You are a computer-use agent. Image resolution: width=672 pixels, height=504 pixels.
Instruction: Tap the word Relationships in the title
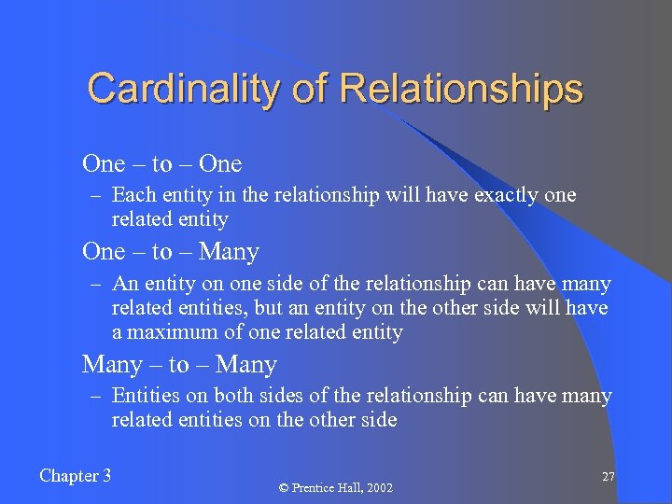tap(462, 89)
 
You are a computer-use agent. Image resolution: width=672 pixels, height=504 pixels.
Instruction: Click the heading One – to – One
tap(161, 164)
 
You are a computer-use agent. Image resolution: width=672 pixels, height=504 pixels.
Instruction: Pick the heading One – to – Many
tap(170, 252)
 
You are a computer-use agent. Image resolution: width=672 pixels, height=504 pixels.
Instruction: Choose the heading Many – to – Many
tap(179, 365)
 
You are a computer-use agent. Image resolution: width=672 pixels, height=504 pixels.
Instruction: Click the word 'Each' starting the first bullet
tap(131, 196)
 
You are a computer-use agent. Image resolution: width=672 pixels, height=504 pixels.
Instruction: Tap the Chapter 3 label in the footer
tap(76, 476)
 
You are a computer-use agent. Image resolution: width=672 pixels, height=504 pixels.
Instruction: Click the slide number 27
tap(608, 477)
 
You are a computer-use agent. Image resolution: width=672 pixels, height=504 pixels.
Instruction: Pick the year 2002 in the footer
tap(379, 488)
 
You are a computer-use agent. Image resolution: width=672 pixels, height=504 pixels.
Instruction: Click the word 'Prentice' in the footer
tap(315, 488)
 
